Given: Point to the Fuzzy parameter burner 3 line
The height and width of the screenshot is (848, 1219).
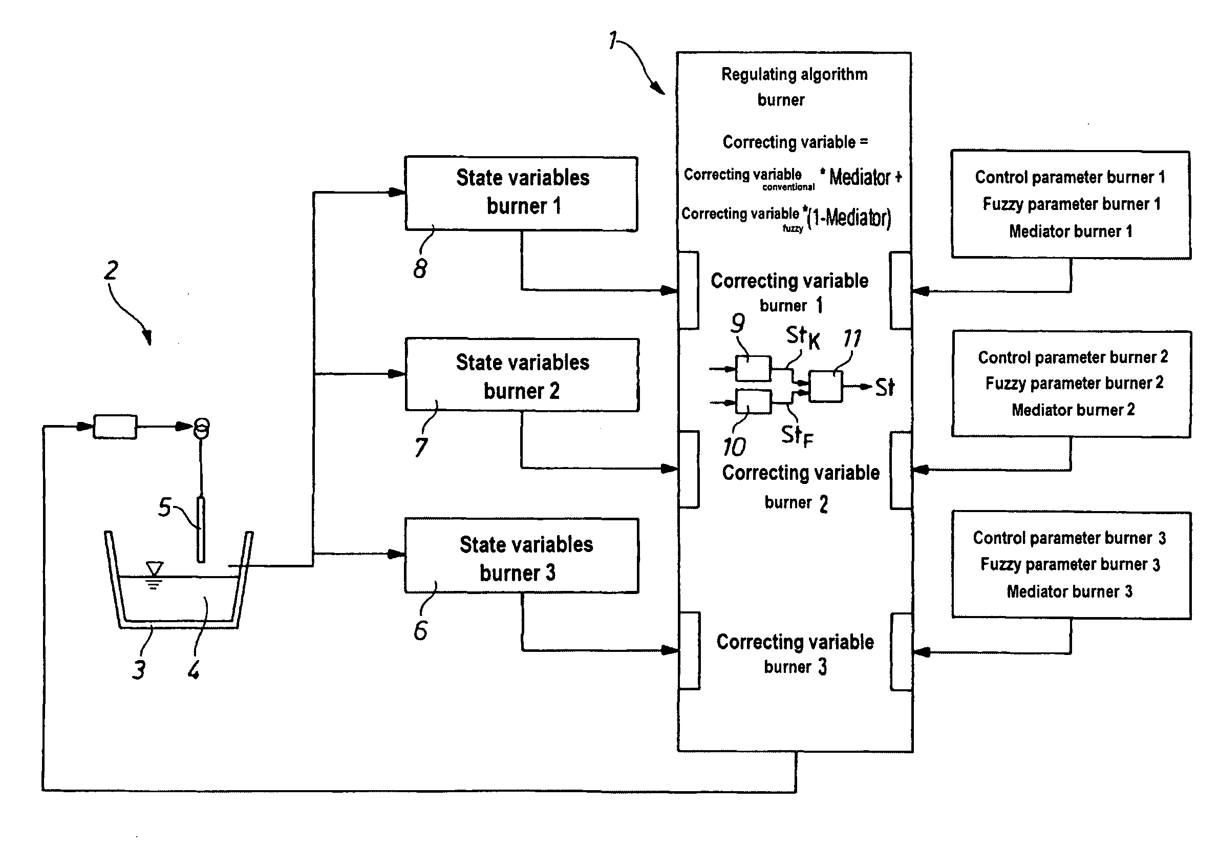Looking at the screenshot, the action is tap(1070, 564).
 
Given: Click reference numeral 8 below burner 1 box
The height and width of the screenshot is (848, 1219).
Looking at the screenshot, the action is tap(420, 268).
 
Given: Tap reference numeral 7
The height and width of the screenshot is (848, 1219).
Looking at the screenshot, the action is tap(421, 447).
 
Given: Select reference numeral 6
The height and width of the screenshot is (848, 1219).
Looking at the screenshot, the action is tap(420, 630).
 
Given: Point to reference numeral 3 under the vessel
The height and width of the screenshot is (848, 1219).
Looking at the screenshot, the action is tap(139, 670).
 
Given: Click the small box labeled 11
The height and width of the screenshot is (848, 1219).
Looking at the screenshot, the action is tap(825, 386).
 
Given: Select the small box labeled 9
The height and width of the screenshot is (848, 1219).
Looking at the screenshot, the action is tap(753, 369).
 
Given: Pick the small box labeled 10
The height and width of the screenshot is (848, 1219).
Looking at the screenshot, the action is tap(753, 402).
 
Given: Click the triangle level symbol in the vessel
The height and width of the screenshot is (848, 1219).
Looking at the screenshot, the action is tap(155, 569).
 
